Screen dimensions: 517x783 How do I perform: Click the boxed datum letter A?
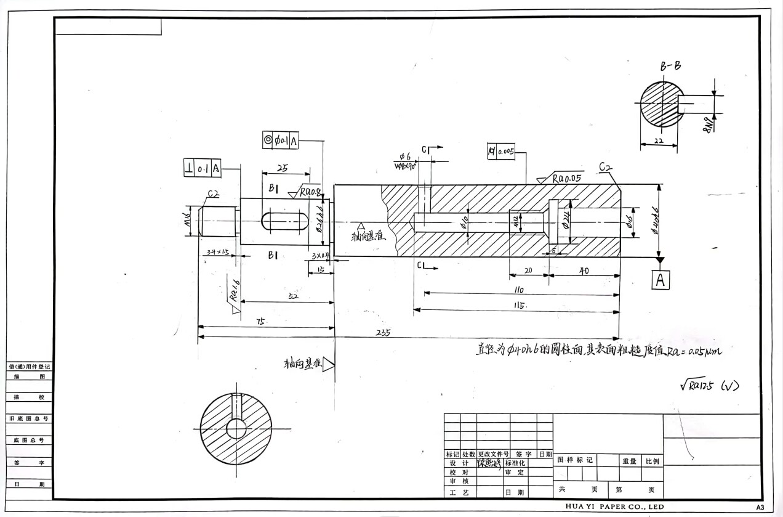(x=661, y=280)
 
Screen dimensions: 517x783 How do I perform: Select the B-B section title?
(x=670, y=67)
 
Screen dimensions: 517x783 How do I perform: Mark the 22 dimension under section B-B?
(x=659, y=141)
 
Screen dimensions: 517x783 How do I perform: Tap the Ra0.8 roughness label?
(x=310, y=192)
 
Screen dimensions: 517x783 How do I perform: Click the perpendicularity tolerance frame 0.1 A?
(x=203, y=168)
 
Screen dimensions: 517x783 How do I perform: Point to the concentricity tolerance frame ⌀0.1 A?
(x=281, y=140)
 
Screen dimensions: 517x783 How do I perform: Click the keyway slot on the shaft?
(x=284, y=221)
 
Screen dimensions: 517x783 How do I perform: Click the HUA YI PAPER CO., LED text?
(x=615, y=507)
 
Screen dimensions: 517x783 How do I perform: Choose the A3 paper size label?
(x=760, y=507)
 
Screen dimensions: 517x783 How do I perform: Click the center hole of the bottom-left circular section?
(x=236, y=428)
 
